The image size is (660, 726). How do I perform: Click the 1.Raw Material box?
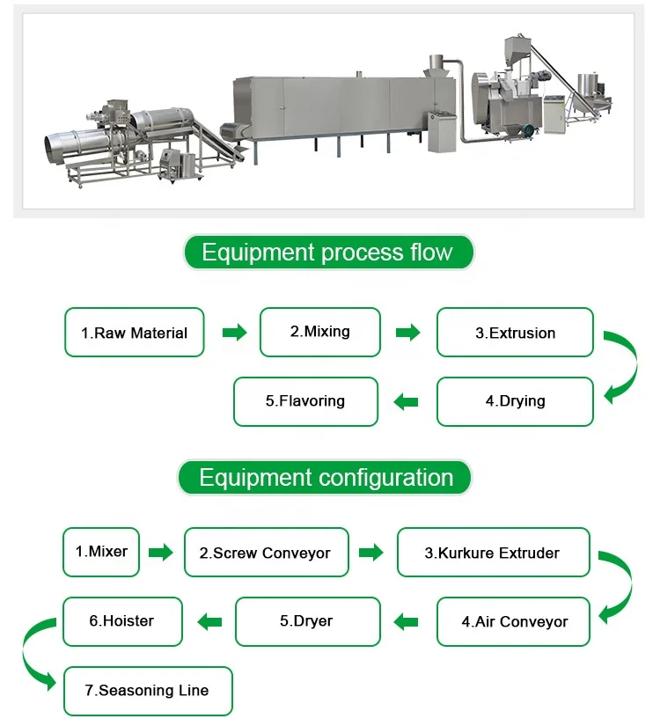coord(134,333)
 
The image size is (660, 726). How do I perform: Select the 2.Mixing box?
coord(320,332)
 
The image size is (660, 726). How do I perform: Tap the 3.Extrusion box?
coord(515,333)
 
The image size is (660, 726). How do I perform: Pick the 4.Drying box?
coord(515,401)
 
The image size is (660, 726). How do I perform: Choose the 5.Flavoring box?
coord(305,401)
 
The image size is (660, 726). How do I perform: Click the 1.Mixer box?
coord(101,552)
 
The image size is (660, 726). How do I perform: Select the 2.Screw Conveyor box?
coord(266,553)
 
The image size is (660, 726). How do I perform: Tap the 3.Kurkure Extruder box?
coord(493,553)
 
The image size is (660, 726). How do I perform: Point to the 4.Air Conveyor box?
coord(514,621)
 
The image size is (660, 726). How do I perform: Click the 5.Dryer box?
coord(307,621)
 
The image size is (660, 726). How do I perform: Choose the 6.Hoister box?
coord(122,621)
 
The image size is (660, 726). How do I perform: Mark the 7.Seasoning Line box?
coord(148,691)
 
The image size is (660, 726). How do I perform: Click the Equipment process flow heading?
coord(327,253)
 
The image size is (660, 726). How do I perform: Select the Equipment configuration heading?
coord(326,478)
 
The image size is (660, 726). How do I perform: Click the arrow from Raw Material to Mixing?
coord(233,333)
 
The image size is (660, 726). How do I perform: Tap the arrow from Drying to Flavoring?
coord(406,402)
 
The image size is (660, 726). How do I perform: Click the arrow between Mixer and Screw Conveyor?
coord(160,553)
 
